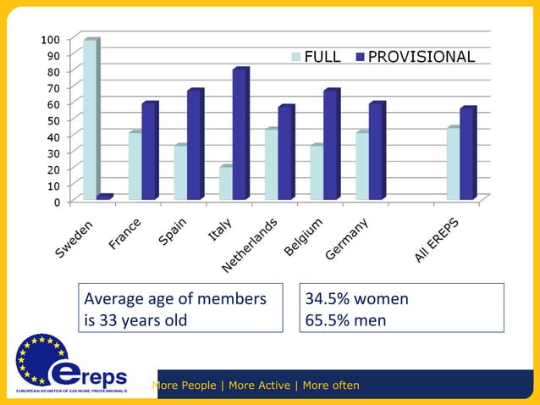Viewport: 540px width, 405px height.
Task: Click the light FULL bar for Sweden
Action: [x=90, y=119]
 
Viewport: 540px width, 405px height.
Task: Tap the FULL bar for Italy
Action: [x=225, y=183]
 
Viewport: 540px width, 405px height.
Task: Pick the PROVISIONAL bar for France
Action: [x=149, y=151]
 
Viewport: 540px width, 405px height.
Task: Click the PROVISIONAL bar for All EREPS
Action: [x=467, y=153]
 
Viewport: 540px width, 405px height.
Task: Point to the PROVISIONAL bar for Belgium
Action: [x=330, y=145]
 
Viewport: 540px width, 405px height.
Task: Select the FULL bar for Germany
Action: [x=361, y=166]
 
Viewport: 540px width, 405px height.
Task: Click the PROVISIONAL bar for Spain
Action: [x=195, y=145]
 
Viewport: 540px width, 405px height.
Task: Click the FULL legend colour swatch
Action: [x=296, y=57]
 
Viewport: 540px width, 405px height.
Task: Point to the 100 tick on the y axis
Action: [x=50, y=39]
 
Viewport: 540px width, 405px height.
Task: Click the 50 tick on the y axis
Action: [x=52, y=120]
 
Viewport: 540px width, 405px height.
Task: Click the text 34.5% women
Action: [x=356, y=299]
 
